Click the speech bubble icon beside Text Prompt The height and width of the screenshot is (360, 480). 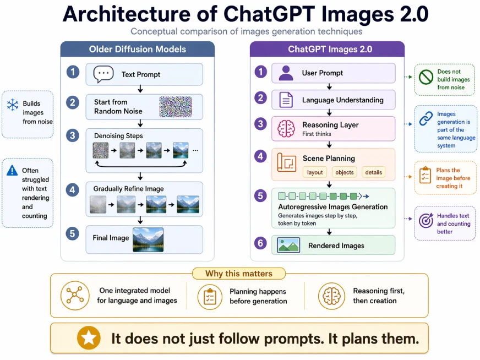[103, 74]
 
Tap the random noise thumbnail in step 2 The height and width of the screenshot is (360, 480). [174, 106]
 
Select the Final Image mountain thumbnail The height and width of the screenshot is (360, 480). [148, 239]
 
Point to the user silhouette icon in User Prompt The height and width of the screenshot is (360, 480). [286, 73]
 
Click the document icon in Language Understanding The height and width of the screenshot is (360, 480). [286, 100]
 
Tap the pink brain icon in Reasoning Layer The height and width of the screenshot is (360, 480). [286, 128]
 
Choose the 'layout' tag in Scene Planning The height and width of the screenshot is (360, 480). [315, 172]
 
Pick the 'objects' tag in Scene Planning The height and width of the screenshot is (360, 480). [345, 172]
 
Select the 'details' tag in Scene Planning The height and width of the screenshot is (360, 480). [373, 172]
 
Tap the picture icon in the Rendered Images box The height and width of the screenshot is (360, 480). [289, 245]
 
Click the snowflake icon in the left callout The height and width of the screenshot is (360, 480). [12, 105]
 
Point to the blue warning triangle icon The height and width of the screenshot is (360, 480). [12, 171]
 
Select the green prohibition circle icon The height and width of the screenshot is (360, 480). [427, 78]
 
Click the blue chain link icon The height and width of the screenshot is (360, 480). [427, 119]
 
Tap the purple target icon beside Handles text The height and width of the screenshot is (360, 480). [426, 221]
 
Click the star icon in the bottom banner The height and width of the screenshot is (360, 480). [89, 338]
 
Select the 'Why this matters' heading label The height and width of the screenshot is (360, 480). [239, 274]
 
